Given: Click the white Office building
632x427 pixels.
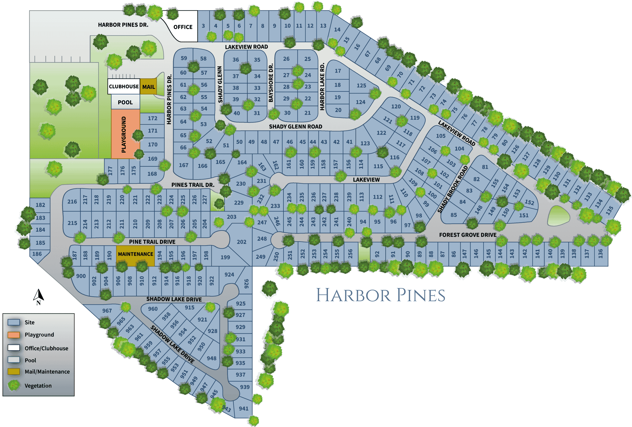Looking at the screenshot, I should click(183, 27).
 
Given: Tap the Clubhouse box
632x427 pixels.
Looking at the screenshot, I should click(124, 86).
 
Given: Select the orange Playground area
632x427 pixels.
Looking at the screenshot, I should click(125, 134).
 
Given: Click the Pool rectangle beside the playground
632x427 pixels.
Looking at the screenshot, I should click(125, 102).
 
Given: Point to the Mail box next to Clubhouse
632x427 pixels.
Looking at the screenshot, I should click(148, 87).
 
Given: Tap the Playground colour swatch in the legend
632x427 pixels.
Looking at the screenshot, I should click(14, 335).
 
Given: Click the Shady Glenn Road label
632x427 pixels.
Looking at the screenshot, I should click(295, 127).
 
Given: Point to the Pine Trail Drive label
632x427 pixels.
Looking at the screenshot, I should click(152, 242).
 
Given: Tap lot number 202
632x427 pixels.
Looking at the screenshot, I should click(241, 242).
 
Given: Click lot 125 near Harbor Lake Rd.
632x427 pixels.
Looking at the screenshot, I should click(361, 85).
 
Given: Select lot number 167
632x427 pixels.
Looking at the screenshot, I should click(184, 165).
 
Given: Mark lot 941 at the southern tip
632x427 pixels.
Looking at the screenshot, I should click(243, 408).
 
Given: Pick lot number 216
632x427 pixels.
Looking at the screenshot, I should click(72, 202).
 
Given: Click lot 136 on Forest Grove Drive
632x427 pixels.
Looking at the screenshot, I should click(600, 254).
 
